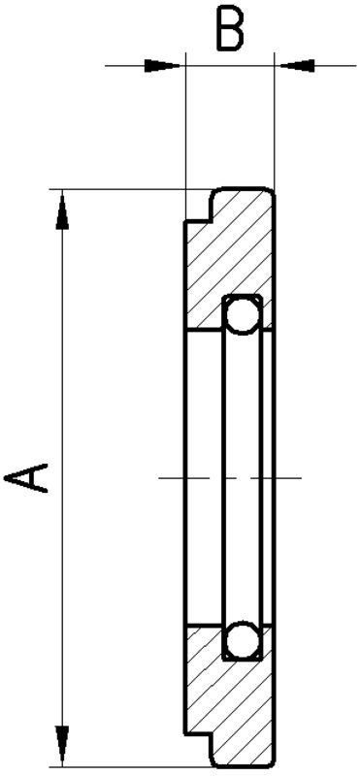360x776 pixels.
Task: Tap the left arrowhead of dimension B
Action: tap(162, 65)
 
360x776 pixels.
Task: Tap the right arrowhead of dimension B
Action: tap(297, 65)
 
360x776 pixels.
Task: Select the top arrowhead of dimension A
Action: tap(62, 211)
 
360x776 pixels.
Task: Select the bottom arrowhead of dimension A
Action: tap(62, 744)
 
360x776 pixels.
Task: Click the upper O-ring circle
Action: tap(243, 314)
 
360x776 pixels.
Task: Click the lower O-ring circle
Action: tap(243, 640)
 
